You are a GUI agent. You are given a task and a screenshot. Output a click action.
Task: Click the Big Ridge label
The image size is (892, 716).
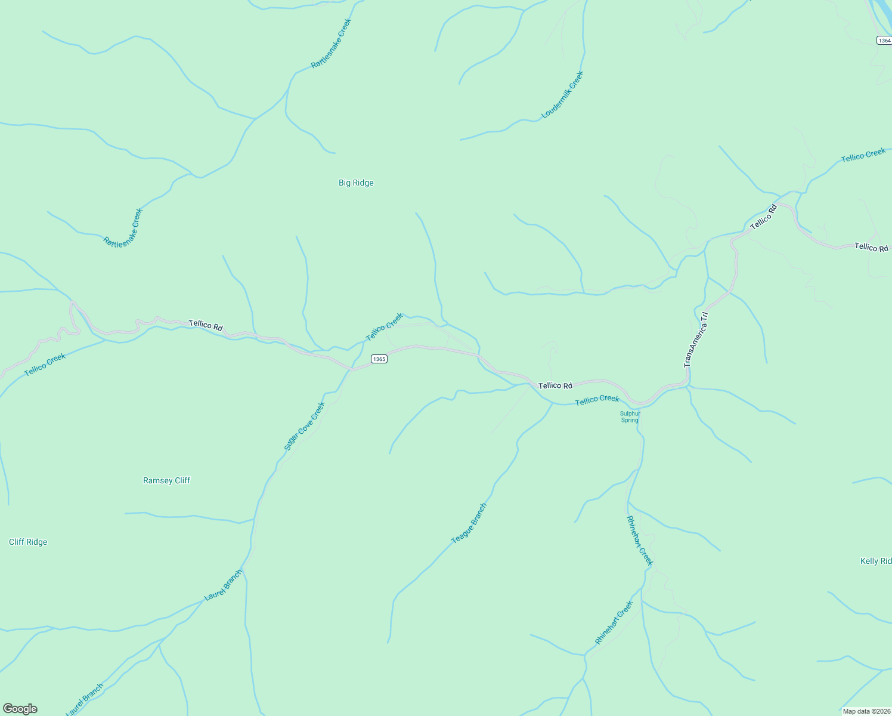[x=356, y=183]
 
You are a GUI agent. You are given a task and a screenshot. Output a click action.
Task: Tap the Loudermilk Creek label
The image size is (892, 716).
[x=562, y=95]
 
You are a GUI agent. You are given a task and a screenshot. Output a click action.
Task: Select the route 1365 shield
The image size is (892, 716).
[x=379, y=359]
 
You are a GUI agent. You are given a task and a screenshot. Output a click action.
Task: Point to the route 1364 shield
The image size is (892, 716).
[x=884, y=41]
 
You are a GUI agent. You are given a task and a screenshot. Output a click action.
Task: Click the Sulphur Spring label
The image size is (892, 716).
[x=630, y=416]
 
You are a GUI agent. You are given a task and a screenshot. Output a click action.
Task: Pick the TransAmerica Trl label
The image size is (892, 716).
[x=696, y=339]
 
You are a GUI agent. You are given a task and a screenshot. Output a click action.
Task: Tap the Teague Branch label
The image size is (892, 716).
[x=469, y=523]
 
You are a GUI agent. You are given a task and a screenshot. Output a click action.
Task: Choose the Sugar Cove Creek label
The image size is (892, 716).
[x=304, y=426]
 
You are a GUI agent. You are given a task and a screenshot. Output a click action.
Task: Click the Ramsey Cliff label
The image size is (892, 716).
[x=166, y=480]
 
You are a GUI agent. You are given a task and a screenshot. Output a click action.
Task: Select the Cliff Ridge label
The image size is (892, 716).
[x=28, y=542]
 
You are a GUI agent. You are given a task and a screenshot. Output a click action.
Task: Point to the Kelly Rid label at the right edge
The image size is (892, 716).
[x=875, y=561]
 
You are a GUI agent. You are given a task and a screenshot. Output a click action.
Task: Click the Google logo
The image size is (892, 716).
[x=20, y=709]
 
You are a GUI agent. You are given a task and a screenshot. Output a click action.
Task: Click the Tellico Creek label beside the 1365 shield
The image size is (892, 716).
[x=384, y=328]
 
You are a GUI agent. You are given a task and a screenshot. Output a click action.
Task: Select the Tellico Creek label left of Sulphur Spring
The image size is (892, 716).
[x=597, y=400]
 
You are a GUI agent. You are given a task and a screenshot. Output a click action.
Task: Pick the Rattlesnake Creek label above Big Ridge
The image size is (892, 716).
[x=332, y=43]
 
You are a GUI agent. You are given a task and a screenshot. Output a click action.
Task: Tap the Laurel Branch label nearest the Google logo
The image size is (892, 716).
[x=84, y=699]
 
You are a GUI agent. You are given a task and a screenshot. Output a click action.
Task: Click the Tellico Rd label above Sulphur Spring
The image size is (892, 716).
[x=555, y=385]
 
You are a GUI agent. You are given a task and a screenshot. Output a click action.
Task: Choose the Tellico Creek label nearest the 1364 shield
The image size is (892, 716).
[x=863, y=155]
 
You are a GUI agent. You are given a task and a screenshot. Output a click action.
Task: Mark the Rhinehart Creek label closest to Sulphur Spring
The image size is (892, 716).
[x=640, y=541]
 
